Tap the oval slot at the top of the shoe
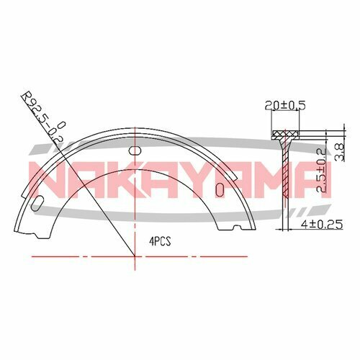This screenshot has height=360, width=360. point(133,150)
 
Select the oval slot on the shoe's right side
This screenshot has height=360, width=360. point(220,189)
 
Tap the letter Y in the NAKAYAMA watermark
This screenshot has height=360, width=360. point(204,179)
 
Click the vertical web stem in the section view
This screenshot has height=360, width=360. point(287,180)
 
